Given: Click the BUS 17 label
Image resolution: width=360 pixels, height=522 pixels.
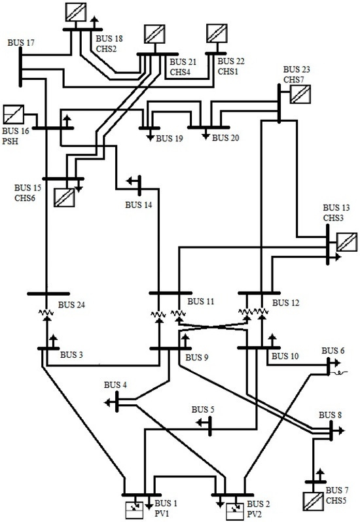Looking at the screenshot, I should click(21, 43).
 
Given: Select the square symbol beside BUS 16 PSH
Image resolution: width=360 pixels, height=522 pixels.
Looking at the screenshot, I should click(13, 115).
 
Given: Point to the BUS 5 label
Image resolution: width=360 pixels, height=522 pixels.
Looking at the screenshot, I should click(203, 409).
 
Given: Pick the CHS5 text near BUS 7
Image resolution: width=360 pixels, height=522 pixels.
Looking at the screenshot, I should click(338, 499).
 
